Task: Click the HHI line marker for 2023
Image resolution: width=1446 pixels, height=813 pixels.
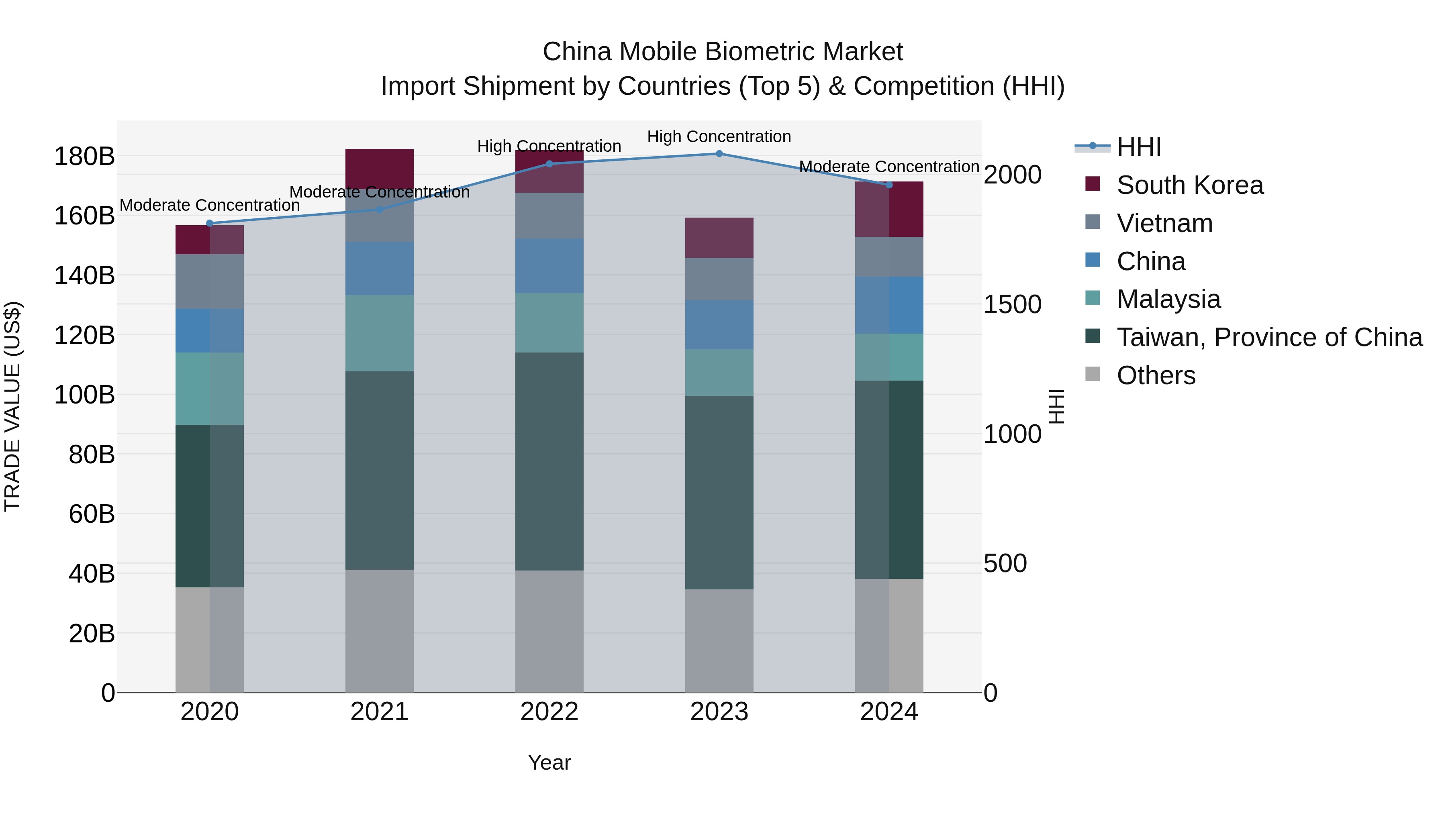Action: (x=719, y=154)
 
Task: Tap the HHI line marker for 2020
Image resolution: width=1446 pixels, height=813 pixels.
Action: (x=210, y=223)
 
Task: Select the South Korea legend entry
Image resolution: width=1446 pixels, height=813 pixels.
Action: (x=1190, y=185)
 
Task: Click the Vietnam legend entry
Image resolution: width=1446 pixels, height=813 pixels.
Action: (x=1165, y=223)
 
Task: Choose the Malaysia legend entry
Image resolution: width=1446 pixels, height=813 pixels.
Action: (x=1169, y=299)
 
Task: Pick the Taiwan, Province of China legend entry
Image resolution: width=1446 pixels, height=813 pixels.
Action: (x=1269, y=337)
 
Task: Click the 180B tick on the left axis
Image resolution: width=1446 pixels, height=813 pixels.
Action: (x=84, y=156)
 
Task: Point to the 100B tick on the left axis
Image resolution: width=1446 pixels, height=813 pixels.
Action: (x=84, y=395)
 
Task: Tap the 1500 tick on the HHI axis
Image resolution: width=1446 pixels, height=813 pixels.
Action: (x=1012, y=305)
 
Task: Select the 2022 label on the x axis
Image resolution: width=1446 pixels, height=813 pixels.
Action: (x=549, y=712)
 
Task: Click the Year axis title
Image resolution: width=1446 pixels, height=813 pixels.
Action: (x=549, y=762)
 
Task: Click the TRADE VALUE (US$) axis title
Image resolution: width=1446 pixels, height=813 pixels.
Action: (x=12, y=406)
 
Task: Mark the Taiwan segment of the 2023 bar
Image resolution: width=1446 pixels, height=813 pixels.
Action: (x=719, y=493)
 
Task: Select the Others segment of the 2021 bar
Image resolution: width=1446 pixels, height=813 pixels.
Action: (x=380, y=631)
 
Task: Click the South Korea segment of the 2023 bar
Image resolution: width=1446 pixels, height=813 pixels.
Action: (x=719, y=238)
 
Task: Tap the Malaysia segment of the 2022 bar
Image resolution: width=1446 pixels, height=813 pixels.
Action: (x=549, y=323)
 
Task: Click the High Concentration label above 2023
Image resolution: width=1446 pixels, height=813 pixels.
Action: (x=719, y=137)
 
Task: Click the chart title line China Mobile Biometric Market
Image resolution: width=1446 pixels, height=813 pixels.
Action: (x=723, y=52)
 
